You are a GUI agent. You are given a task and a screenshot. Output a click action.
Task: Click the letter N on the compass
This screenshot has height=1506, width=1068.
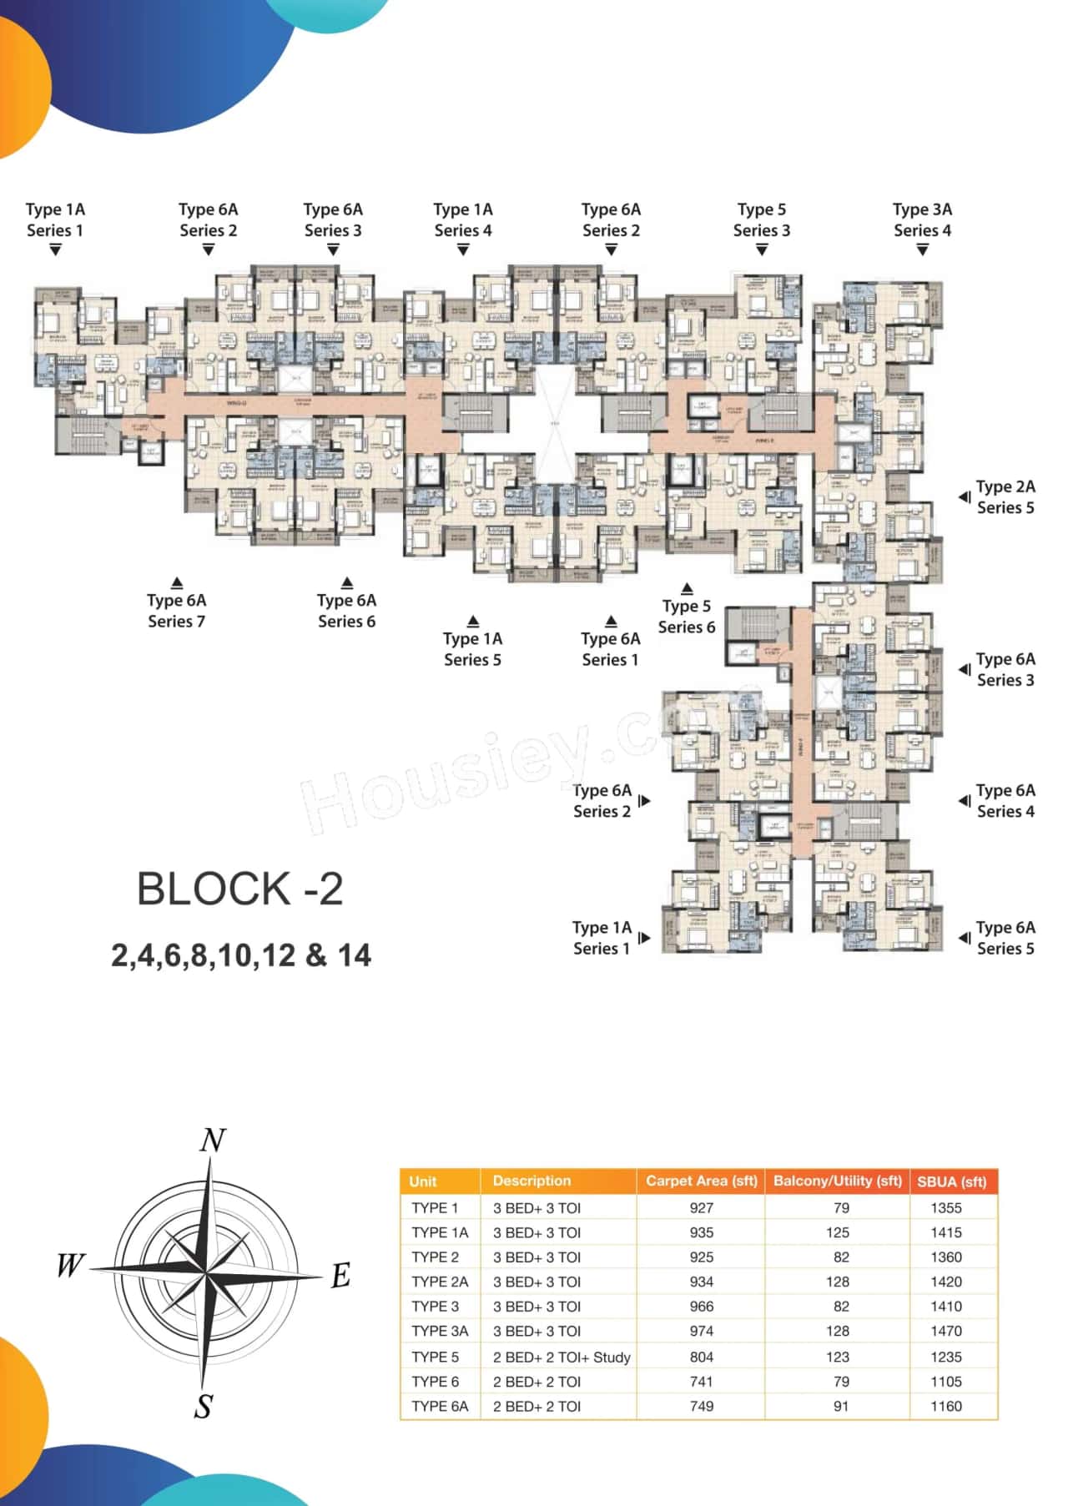213,1140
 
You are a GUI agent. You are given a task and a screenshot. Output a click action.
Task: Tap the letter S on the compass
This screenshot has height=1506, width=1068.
204,1407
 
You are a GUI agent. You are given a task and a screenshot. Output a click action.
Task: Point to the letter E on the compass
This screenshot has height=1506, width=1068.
340,1276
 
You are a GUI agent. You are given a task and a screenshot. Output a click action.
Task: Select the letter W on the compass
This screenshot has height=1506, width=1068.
70,1266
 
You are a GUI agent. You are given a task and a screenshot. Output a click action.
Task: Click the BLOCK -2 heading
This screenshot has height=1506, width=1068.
240,889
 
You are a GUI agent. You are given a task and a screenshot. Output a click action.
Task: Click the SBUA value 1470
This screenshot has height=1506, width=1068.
946,1331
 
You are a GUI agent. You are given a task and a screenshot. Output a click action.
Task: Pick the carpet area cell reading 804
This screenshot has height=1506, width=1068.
702,1357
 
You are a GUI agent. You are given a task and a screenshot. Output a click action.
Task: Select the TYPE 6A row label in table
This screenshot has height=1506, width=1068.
440,1406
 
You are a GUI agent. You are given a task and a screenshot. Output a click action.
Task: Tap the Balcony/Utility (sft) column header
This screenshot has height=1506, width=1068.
837,1181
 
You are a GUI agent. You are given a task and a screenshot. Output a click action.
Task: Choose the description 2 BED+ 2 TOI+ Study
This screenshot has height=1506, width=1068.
562,1357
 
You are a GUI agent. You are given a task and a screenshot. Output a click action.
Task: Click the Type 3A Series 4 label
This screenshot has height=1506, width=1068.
922,219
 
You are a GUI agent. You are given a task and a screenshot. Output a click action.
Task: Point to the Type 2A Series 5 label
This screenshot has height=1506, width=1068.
1005,496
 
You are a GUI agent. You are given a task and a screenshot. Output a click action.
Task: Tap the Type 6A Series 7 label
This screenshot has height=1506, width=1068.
176,610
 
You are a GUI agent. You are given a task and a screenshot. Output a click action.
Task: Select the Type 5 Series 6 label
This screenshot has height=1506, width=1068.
686,616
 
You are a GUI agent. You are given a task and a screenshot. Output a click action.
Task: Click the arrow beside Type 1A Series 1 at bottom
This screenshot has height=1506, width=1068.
644,938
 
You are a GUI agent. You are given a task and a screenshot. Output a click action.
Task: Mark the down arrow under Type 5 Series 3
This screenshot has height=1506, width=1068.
762,249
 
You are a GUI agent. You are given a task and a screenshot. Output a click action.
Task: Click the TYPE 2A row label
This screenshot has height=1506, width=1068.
440,1282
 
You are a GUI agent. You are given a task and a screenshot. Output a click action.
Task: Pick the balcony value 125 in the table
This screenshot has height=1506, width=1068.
838,1232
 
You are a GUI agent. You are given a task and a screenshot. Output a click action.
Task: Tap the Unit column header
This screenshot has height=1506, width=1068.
423,1181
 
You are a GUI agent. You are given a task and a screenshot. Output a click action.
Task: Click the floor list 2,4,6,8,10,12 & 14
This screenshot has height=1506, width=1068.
241,955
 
